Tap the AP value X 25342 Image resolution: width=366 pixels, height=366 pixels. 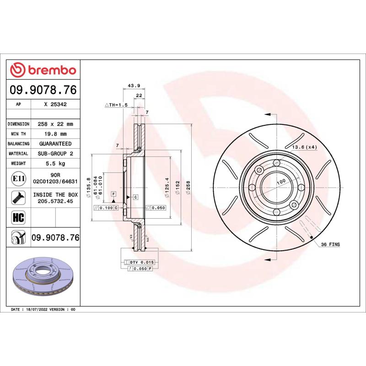pyautogui.click(x=55, y=104)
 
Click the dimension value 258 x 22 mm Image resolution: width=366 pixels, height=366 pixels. pyautogui.click(x=55, y=124)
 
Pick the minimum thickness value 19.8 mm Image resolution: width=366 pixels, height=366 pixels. pyautogui.click(x=55, y=134)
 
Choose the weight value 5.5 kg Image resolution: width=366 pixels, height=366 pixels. pyautogui.click(x=55, y=163)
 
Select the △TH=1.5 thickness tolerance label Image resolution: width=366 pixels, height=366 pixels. pyautogui.click(x=116, y=105)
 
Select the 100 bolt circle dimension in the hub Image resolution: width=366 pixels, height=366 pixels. pyautogui.click(x=281, y=182)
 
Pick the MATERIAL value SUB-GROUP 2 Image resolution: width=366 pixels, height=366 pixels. pyautogui.click(x=55, y=154)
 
